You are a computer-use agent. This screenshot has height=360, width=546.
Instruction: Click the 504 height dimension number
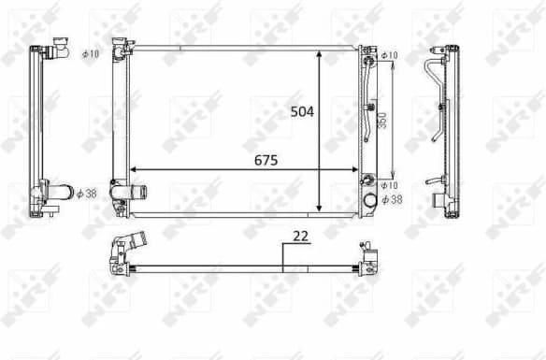pos(301,110)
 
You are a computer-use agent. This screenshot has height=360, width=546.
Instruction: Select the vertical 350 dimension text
pos(382,122)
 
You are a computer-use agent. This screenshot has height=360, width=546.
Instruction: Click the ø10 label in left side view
pos(90,54)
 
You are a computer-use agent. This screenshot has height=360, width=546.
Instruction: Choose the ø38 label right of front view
pos(394,199)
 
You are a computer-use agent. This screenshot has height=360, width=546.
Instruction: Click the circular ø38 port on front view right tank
pos(368,199)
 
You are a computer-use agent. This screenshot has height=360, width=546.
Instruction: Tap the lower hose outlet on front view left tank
pos(128,193)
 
